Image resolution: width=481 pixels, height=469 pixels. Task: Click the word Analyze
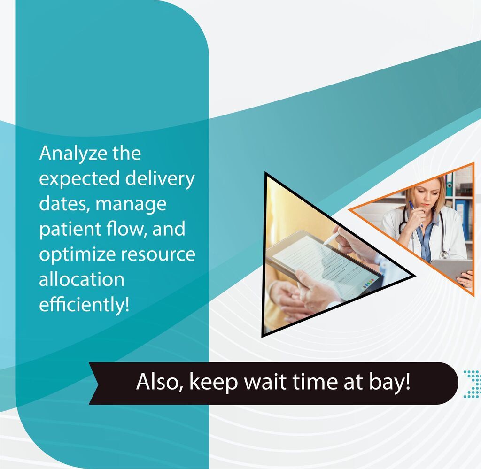pyautogui.click(x=73, y=154)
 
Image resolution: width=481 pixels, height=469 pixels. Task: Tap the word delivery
pyautogui.click(x=160, y=179)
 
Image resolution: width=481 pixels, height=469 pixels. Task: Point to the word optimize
pyautogui.click(x=77, y=254)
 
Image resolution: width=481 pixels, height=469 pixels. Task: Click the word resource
pyautogui.click(x=158, y=255)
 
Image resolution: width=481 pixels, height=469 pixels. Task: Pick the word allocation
pyautogui.click(x=82, y=279)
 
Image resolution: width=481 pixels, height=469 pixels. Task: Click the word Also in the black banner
pyautogui.click(x=160, y=382)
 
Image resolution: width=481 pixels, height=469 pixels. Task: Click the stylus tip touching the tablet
pyautogui.click(x=324, y=244)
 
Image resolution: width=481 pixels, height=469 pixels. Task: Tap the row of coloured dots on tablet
pyautogui.click(x=368, y=283)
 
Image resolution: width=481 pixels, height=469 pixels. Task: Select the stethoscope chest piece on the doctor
pyautogui.click(x=444, y=254)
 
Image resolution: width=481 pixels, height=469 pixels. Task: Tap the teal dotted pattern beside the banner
pyautogui.click(x=472, y=384)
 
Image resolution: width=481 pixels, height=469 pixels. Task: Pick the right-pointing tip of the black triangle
pyautogui.click(x=415, y=276)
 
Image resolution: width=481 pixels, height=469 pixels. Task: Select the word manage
pyautogui.click(x=131, y=204)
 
